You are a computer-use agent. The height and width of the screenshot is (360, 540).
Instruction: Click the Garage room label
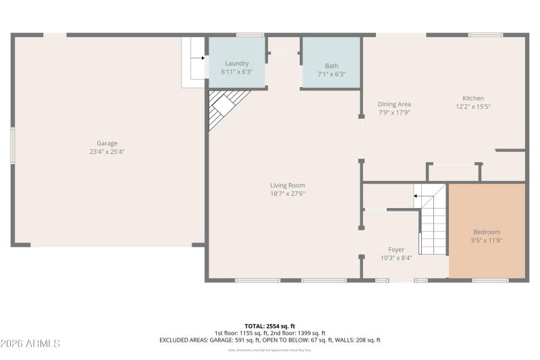coord(107,143)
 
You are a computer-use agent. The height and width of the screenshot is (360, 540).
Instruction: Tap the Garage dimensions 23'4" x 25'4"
coord(107,152)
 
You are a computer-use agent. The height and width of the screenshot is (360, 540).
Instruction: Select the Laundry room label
coord(236,63)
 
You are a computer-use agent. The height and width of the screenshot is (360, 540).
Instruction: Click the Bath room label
coord(331,66)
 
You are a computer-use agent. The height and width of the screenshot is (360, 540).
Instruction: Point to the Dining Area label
coord(394,104)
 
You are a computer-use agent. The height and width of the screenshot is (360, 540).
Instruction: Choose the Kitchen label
coord(473,98)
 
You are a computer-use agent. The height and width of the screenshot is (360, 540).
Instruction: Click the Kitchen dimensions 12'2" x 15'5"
coord(473,107)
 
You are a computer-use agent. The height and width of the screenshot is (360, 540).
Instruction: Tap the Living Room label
coord(288,185)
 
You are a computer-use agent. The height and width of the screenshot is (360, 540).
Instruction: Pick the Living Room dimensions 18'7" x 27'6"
coord(288,194)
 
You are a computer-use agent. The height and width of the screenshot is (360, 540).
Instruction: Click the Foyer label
coord(396,249)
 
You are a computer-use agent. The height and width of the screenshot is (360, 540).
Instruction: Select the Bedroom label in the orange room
coord(487,232)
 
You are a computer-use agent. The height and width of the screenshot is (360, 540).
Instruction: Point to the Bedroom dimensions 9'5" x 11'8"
coord(487,240)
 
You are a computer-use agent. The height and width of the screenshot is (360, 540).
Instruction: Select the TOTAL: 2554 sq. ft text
coord(270,326)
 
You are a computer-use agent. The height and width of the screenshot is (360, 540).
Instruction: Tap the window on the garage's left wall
coord(11,145)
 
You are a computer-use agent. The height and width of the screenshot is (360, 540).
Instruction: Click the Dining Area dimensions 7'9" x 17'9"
coord(394,113)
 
